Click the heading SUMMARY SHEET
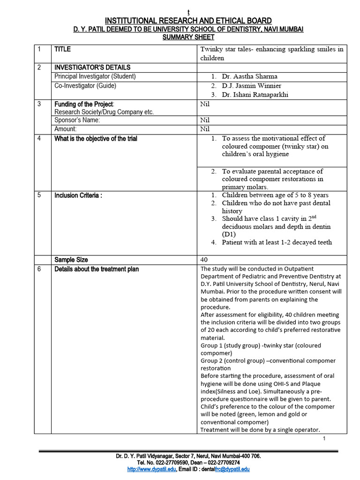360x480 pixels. pos(187,37)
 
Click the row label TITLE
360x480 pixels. pos(63,49)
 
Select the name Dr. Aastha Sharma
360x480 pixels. pos(250,76)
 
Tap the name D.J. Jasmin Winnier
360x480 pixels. pos(252,86)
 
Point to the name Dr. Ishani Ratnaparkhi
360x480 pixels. pos(255,95)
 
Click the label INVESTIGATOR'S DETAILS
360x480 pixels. pos(92,67)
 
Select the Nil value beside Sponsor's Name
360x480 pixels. pos(205,120)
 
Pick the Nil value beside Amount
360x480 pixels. pos(205,129)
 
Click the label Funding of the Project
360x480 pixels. pos(84,104)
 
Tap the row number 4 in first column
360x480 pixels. pos(40,139)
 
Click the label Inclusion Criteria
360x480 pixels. pos(78,195)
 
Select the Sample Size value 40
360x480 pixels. pos(204,260)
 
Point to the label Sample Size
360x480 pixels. pos(71,260)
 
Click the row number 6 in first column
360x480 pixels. pos(40,269)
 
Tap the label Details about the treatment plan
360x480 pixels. pos(97,269)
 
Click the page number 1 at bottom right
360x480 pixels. pos(324,438)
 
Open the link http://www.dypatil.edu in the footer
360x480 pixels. pos(151,469)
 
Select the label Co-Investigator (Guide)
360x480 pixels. pos(85,86)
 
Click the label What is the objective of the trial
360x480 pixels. pos(96,139)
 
